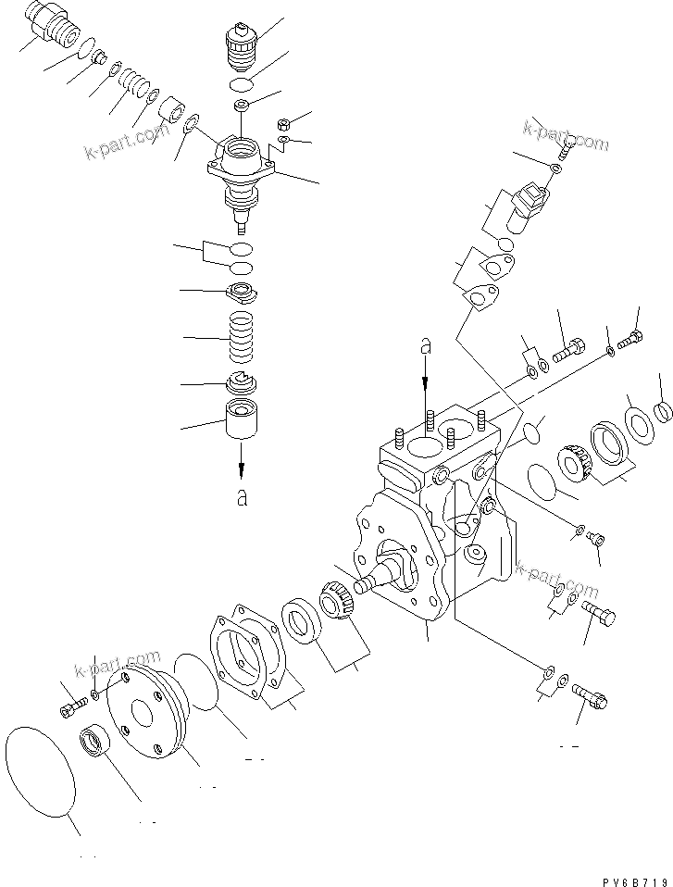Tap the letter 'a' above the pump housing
426,347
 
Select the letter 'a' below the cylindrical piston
242,497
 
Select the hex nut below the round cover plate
94,742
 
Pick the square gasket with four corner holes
244,649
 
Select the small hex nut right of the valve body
286,123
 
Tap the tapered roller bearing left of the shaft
335,612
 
